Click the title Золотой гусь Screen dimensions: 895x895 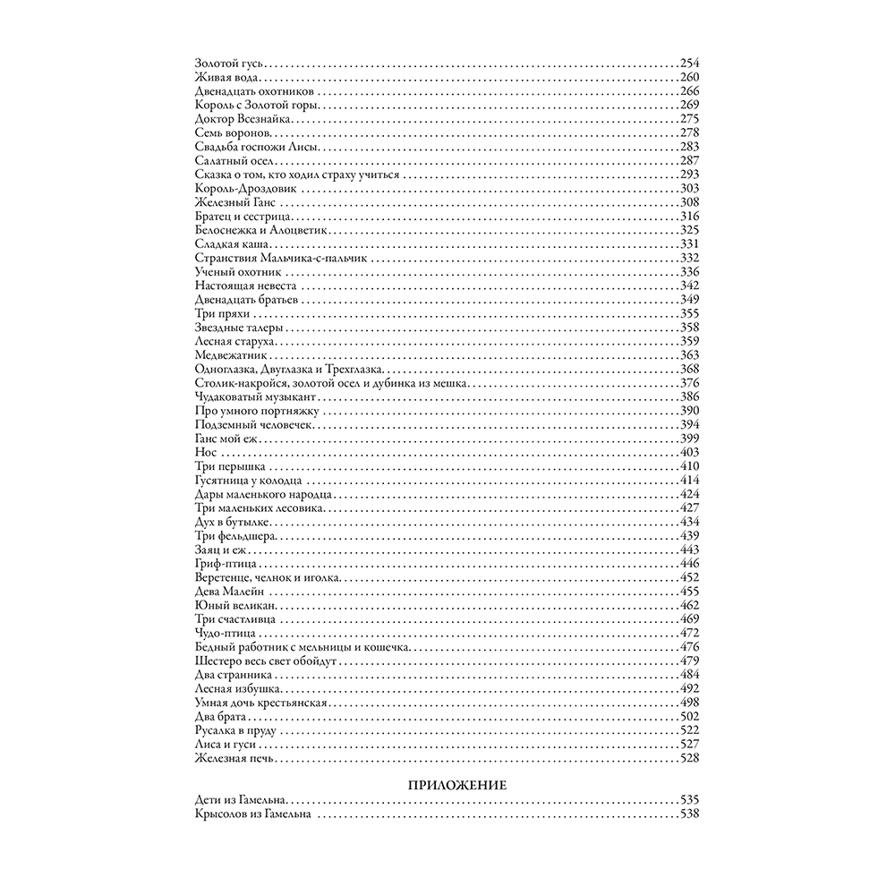(230, 63)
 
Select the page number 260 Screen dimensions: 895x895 (688, 77)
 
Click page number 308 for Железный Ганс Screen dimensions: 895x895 (688, 202)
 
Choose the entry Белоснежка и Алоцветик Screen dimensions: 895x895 (251, 230)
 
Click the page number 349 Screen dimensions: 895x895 (688, 299)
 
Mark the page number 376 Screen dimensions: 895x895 (688, 382)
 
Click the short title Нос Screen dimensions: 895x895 (202, 453)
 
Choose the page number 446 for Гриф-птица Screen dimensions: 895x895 (688, 564)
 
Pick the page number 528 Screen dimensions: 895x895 (688, 759)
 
